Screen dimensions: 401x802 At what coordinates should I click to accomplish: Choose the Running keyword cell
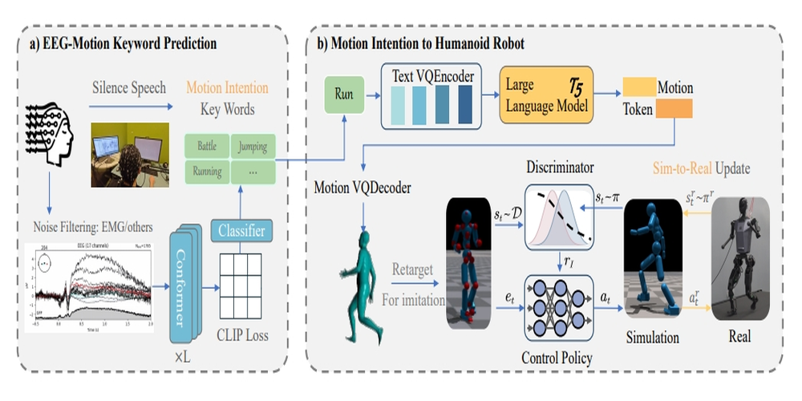coord(207,171)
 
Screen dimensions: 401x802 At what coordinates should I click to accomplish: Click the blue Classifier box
coord(237,233)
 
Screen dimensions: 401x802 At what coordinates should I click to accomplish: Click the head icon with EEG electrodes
coord(50,132)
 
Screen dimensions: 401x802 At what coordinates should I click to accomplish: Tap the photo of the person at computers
coord(128,155)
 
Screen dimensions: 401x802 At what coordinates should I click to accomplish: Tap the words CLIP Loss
coord(241,337)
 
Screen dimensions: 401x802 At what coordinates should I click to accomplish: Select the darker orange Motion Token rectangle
coord(674,109)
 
